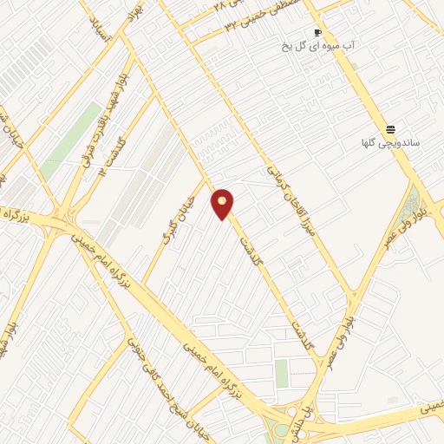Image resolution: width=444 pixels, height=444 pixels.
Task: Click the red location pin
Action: [223, 204]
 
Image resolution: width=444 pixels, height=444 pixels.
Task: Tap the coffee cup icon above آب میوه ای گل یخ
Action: [317, 32]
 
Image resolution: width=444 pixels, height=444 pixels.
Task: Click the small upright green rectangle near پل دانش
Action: [281, 373]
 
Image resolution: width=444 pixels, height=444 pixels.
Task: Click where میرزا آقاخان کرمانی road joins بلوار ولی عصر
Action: [354, 299]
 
